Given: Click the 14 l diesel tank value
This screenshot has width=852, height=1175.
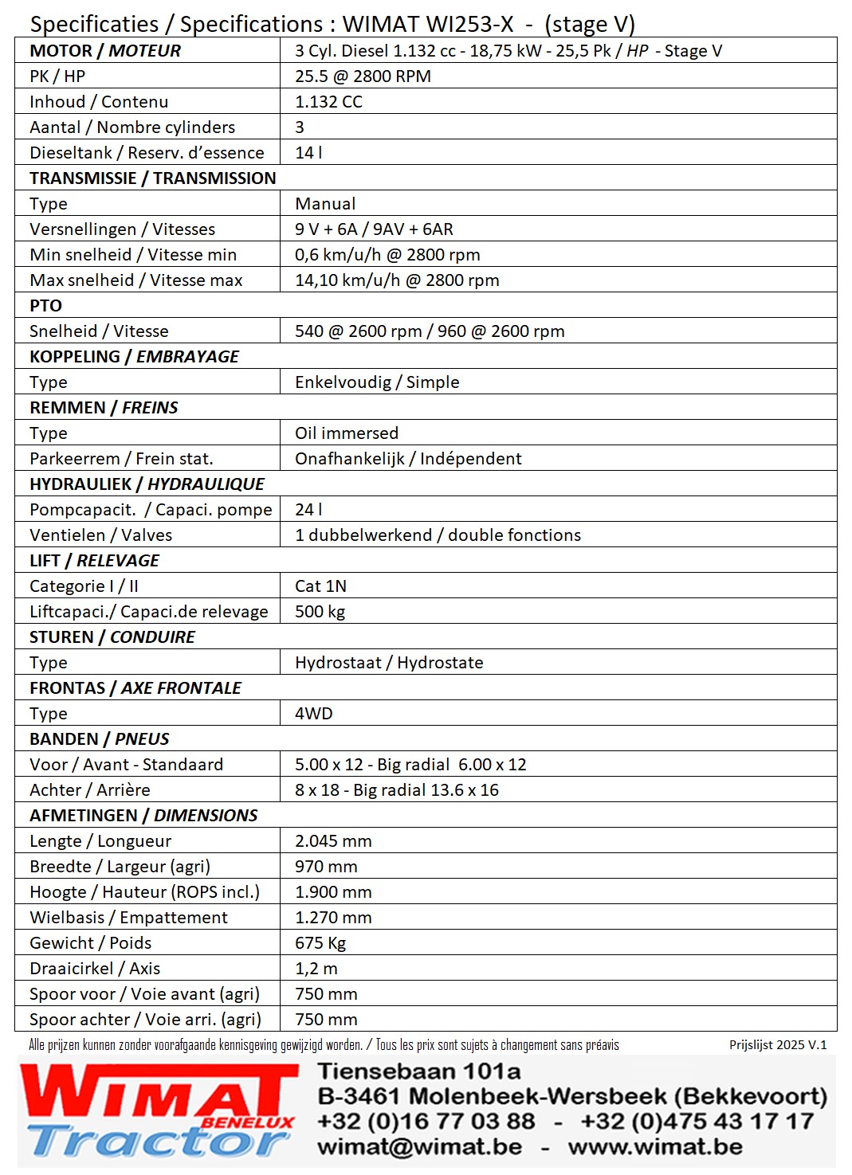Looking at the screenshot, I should pos(308,152).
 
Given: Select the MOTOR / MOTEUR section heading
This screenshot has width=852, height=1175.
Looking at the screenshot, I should pos(105,50).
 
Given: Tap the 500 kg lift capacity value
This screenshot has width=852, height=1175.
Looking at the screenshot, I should pos(320,611).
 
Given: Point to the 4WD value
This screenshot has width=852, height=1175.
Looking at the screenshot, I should pos(313,713).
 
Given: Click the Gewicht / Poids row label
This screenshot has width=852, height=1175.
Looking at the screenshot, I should pos(90,942).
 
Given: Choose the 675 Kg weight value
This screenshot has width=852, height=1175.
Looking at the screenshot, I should pos(320,942).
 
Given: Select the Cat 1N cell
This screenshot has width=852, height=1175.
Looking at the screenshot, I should pos(320,586).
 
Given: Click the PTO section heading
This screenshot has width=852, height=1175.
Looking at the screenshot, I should pos(45,305).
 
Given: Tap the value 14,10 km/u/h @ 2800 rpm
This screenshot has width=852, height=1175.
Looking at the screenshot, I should pos(397,280).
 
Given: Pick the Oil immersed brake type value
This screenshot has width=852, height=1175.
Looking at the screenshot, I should pos(347,433).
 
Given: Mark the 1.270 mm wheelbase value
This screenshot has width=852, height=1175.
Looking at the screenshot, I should pos(333,917).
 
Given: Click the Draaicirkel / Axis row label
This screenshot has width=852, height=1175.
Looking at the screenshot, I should pos(95,968).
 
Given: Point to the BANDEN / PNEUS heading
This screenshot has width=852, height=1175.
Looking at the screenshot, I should pos(100,738).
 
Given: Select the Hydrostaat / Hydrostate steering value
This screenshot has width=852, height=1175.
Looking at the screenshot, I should pos(389,662).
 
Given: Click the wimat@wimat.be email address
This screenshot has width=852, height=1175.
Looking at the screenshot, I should pos(420,1146).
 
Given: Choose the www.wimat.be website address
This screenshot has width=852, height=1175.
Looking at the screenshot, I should pos(655,1146).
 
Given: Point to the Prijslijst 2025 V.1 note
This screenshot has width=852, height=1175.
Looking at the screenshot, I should pos(778,1044).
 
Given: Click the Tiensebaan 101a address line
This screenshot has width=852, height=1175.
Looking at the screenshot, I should pos(419,1071).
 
